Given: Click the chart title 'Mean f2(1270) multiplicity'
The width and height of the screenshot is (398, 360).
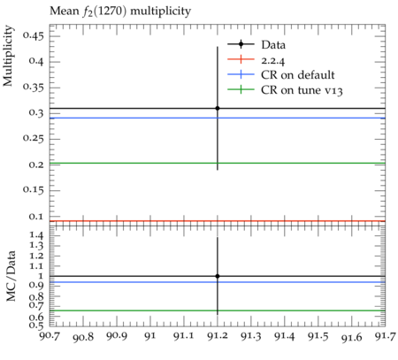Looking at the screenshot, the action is coord(120,11).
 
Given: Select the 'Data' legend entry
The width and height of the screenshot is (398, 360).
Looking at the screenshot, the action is coord(273,45).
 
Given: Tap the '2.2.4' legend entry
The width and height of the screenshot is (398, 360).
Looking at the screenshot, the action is coord(273,60).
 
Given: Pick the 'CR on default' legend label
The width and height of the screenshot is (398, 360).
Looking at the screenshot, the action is coord(298,75).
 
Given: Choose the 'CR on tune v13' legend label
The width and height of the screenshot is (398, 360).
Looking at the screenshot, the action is coord(302,90).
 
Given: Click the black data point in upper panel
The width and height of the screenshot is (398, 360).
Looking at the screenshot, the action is coord(218,108).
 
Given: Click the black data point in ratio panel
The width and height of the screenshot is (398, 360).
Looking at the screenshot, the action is coord(218,276).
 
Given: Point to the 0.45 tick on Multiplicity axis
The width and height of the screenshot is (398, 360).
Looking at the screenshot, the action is coord(34,36).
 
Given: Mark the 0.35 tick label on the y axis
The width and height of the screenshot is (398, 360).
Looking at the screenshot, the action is coord(34,88).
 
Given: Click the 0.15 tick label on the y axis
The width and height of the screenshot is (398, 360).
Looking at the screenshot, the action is coord(34,190).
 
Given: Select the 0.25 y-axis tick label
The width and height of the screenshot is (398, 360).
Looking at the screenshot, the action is coord(34,139).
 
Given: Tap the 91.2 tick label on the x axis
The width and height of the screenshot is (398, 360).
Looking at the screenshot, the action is coord(218,336).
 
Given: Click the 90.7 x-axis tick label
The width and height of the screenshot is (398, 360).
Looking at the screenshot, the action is coord(50,336).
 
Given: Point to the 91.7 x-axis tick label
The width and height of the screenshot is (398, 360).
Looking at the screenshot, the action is coord(386,336).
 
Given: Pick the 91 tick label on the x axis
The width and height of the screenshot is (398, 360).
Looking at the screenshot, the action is coord(150,336).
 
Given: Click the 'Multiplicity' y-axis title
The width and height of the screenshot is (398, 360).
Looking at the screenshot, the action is coord(8,56).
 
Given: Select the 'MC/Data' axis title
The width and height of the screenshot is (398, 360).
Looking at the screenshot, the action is coord(11,276).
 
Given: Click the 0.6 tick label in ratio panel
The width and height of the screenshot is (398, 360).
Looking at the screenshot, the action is coord(36,318).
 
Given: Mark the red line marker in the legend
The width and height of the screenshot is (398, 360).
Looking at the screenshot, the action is coord(241,59).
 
